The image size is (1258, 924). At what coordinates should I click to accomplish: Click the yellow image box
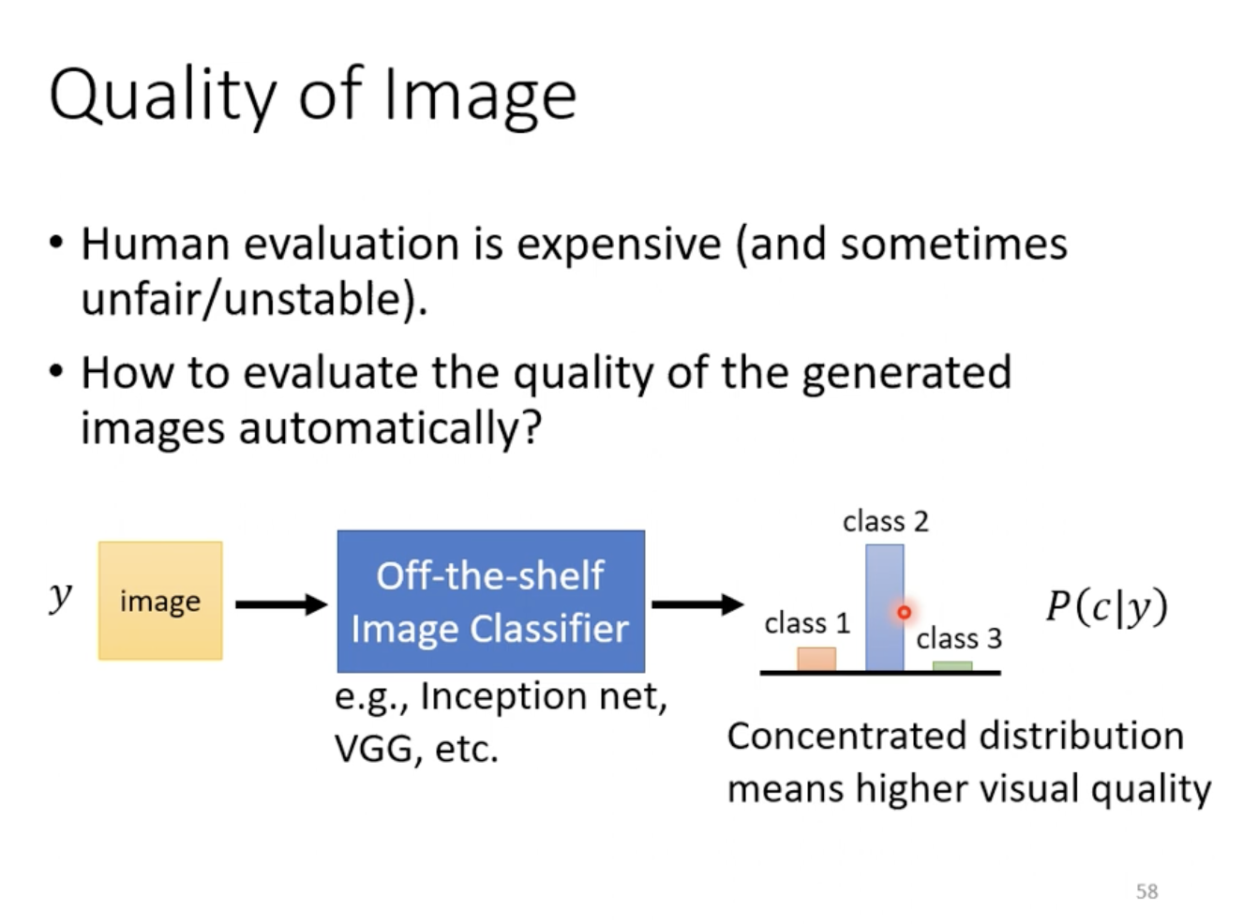(x=160, y=601)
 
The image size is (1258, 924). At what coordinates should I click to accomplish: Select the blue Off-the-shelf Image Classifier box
(x=491, y=602)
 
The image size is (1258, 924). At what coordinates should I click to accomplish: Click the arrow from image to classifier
(x=281, y=604)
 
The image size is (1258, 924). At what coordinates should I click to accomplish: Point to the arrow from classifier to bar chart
(x=697, y=604)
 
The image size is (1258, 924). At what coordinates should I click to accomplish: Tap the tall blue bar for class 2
(x=885, y=607)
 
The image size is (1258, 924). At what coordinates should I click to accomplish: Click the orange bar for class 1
(x=816, y=659)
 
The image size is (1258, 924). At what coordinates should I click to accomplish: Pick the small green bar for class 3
(x=952, y=666)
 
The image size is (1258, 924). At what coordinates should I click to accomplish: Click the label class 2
(x=886, y=521)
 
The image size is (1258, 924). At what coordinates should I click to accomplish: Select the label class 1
(x=807, y=623)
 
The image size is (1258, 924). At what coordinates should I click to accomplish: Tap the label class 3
(x=959, y=638)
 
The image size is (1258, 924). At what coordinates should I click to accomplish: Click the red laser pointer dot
(x=904, y=613)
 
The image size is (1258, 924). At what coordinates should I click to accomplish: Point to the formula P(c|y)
(x=1107, y=607)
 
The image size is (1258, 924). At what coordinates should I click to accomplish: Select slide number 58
(x=1146, y=891)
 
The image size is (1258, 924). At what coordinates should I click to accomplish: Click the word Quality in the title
(x=163, y=96)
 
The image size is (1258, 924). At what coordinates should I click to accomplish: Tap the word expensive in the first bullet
(x=619, y=246)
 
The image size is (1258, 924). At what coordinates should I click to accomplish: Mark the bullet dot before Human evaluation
(x=56, y=243)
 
